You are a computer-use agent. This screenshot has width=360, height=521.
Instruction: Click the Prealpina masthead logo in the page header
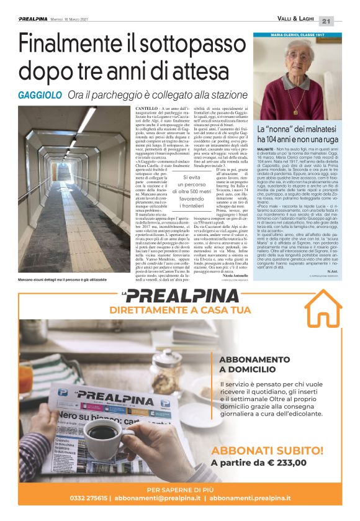(35, 20)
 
